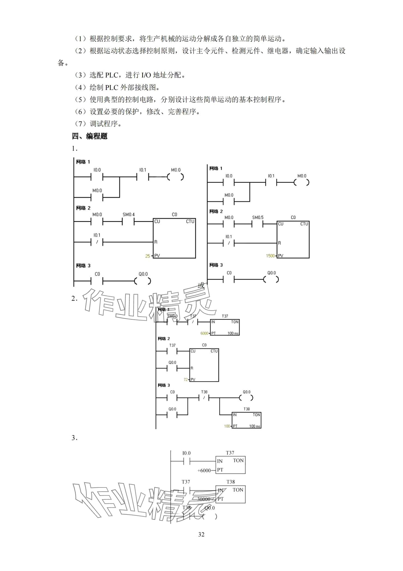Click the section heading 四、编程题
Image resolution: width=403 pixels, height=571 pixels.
pos(90,136)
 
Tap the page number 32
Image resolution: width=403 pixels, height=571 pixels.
pos(201,534)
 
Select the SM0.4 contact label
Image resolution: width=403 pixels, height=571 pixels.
pos(128,215)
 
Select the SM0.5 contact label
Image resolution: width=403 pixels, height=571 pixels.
pos(258,218)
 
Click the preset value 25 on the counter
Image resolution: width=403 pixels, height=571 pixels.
pos(148,256)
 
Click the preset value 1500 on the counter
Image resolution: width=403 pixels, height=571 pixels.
pos(270,256)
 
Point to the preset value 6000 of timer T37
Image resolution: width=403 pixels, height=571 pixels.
pos(204,333)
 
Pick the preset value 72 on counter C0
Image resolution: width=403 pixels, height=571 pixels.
pos(186,380)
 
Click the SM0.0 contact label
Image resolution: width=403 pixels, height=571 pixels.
pos(172,316)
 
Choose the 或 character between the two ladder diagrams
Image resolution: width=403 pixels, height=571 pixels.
pos(201,286)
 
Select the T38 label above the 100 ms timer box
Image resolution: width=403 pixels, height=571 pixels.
pos(246,409)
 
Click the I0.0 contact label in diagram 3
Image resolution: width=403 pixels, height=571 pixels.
pos(187,453)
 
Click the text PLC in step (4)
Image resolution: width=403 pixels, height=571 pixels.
pos(112,87)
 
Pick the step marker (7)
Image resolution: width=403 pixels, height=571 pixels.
pos(80,124)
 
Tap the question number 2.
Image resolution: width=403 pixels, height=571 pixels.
pos(74,299)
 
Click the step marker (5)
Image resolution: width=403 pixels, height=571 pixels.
pos(80,99)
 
